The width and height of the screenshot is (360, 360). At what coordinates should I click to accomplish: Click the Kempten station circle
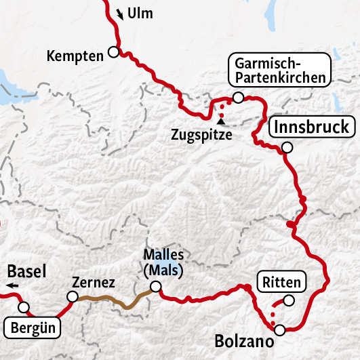(113, 52)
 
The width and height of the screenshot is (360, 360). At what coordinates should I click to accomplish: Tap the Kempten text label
(75, 56)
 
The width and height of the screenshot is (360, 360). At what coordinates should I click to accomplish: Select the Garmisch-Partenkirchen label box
(279, 70)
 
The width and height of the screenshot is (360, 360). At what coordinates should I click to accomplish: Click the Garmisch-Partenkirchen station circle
(237, 98)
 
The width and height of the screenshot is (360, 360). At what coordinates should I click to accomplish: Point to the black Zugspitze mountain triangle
(220, 122)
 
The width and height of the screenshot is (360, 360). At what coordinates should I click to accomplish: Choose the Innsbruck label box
(311, 127)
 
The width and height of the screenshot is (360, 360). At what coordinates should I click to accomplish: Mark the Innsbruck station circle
(287, 147)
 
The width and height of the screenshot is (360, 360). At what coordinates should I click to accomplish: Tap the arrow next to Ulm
(121, 14)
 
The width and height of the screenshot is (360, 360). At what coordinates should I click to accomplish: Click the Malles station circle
(156, 287)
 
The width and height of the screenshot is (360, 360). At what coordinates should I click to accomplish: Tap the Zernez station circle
(72, 296)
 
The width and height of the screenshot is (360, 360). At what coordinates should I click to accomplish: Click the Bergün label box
(33, 329)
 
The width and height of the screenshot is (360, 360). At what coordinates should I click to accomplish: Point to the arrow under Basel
(14, 287)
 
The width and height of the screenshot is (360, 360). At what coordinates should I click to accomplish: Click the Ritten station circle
(289, 300)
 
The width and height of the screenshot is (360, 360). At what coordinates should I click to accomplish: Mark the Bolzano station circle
(280, 330)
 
